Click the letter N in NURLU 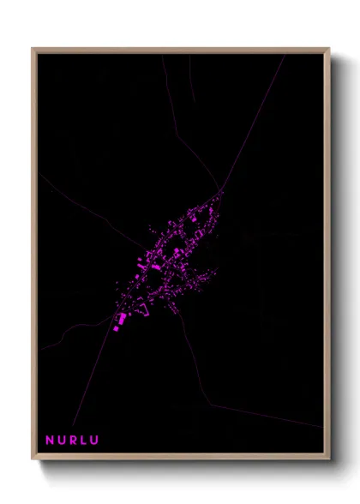click(x=50, y=441)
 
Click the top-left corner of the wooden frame click(x=33, y=49)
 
